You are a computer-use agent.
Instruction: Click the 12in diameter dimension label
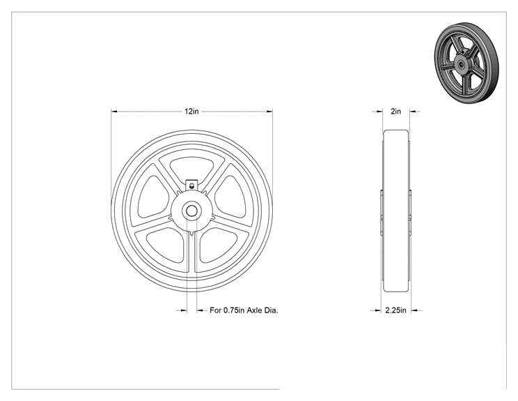[191, 112]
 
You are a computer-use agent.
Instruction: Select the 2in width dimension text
[395, 112]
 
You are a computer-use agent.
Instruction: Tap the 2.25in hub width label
[395, 310]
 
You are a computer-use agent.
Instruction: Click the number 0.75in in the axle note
[234, 310]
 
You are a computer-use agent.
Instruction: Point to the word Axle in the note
[255, 310]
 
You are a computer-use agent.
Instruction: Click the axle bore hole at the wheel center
[191, 211]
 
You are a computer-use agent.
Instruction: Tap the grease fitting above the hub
[191, 186]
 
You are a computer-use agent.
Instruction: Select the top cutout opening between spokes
[192, 169]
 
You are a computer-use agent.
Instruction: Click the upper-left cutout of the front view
[152, 197]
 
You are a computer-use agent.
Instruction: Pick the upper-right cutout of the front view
[230, 197]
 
